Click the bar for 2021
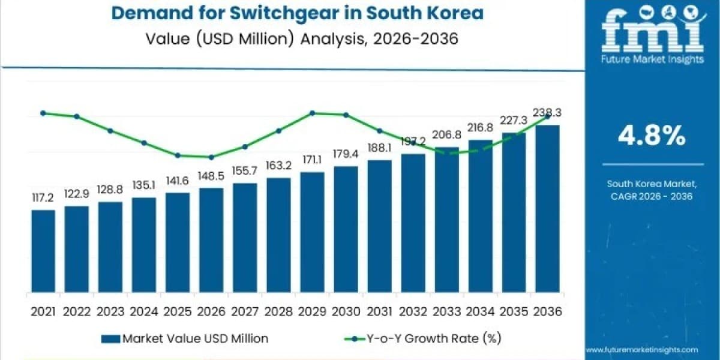tap(43, 251)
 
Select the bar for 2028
tap(278, 235)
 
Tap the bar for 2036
tap(547, 209)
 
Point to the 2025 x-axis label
tap(178, 312)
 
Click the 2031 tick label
tap(379, 312)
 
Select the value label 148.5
tap(211, 176)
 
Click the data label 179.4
tap(346, 154)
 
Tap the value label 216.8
tap(480, 128)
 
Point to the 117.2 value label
tap(43, 197)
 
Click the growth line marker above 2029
tap(312, 113)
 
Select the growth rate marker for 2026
tap(211, 157)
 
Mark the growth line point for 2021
tap(43, 113)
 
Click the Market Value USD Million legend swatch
tap(110, 339)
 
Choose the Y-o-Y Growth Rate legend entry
tap(423, 338)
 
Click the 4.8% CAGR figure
tap(652, 136)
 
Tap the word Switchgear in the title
tap(284, 13)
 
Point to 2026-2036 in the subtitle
tap(415, 39)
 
